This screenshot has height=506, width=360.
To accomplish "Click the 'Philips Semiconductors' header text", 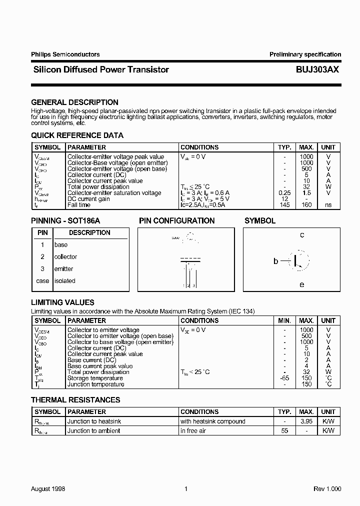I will pyautogui.click(x=65, y=54).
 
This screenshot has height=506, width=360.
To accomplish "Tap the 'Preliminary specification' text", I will pyautogui.click(x=305, y=54).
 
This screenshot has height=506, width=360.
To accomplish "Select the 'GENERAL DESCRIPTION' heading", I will pyautogui.click(x=74, y=102).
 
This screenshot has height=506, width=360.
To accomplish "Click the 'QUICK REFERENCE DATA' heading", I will pyautogui.click(x=77, y=135).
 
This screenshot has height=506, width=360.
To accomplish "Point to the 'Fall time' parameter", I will pyautogui.click(x=79, y=205).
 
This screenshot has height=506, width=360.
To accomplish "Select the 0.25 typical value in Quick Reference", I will pyautogui.click(x=284, y=193).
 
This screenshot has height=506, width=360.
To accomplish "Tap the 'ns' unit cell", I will pyautogui.click(x=328, y=205).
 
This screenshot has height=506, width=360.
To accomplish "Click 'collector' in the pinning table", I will pyautogui.click(x=65, y=257).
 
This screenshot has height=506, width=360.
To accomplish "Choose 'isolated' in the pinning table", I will pyautogui.click(x=64, y=281).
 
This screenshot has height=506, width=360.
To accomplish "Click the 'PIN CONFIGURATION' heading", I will pyautogui.click(x=176, y=220).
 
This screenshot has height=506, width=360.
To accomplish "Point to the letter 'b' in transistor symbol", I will pyautogui.click(x=275, y=261).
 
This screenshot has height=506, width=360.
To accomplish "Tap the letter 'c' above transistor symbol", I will pyautogui.click(x=302, y=235).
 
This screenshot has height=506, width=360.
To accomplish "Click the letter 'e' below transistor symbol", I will pyautogui.click(x=301, y=284).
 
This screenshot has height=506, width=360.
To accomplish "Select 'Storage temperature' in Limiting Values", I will pyautogui.click(x=95, y=378).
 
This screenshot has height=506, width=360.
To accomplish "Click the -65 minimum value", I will pyautogui.click(x=283, y=378).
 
